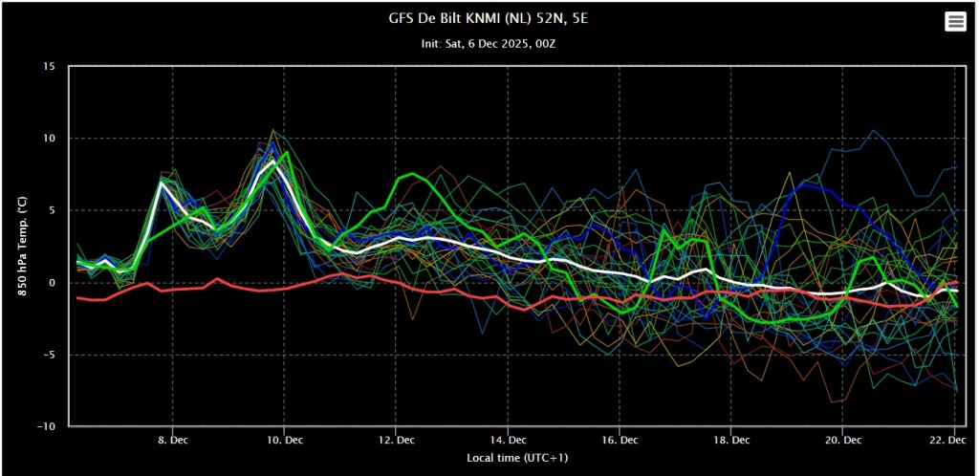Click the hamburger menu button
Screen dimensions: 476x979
coord(955,21)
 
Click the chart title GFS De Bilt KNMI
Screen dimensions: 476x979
coord(489,20)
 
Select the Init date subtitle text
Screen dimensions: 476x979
coord(489,45)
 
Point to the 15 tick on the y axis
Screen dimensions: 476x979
coord(48,67)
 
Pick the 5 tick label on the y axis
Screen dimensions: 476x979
coord(52,211)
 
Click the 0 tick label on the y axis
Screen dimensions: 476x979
coord(52,283)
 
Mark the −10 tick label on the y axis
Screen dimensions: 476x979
coord(45,427)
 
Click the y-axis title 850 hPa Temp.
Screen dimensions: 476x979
coord(23,247)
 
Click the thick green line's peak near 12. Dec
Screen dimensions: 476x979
coord(412,174)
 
